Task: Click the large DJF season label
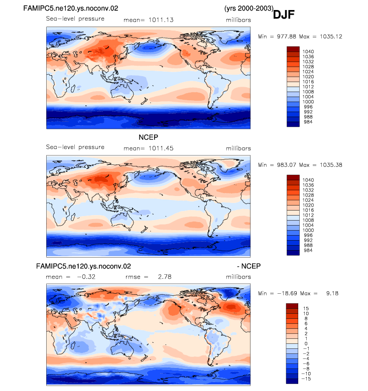[x=284, y=15]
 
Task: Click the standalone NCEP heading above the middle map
[x=148, y=137]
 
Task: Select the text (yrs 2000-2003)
[x=249, y=8]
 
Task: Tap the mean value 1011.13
[x=161, y=20]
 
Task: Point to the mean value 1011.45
[x=161, y=148]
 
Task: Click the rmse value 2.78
[x=165, y=277]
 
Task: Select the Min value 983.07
[x=286, y=165]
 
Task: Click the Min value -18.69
[x=287, y=293]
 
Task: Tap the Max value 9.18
[x=332, y=293]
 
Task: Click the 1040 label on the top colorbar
[x=308, y=52]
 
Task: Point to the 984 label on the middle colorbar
[x=308, y=250]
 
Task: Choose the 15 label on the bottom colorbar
[x=306, y=308]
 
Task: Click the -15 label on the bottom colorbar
[x=306, y=379]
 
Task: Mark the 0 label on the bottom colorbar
[x=306, y=343]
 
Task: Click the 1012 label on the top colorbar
[x=308, y=87]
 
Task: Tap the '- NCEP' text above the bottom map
[x=249, y=266]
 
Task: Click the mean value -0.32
[x=86, y=277]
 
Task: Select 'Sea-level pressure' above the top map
[x=75, y=19]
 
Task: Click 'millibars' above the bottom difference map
[x=238, y=277]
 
